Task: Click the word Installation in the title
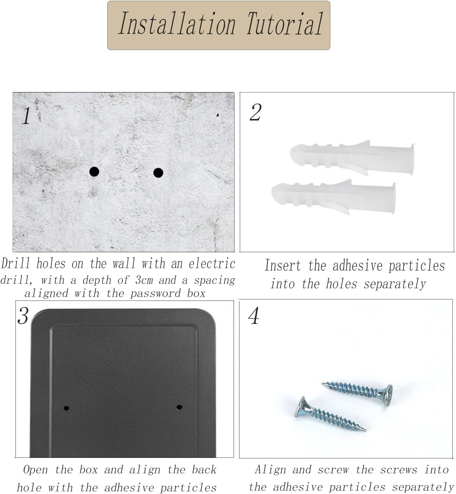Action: point(177,24)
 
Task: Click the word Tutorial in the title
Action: point(285,24)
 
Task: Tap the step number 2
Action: point(256,112)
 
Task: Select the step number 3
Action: point(23,316)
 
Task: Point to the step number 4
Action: point(254,316)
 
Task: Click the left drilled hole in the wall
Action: point(94,171)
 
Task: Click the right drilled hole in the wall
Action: point(158,173)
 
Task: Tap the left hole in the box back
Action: point(66,408)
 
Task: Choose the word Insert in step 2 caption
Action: point(283,266)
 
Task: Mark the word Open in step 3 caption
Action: point(35,470)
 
